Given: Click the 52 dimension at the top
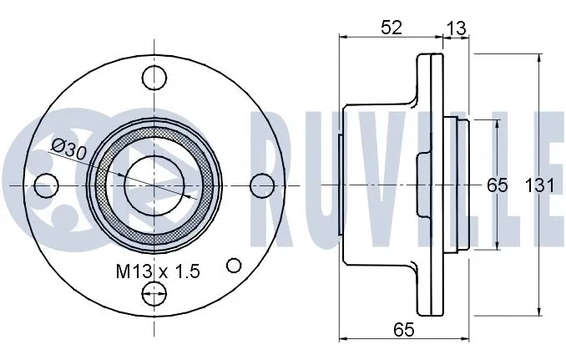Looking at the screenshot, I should pyautogui.click(x=391, y=27).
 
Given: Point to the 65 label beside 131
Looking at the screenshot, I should pyautogui.click(x=498, y=185).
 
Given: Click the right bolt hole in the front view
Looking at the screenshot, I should pyautogui.click(x=262, y=183).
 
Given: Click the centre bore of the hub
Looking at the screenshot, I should pyautogui.click(x=154, y=183).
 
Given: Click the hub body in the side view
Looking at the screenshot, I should pyautogui.click(x=376, y=183).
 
